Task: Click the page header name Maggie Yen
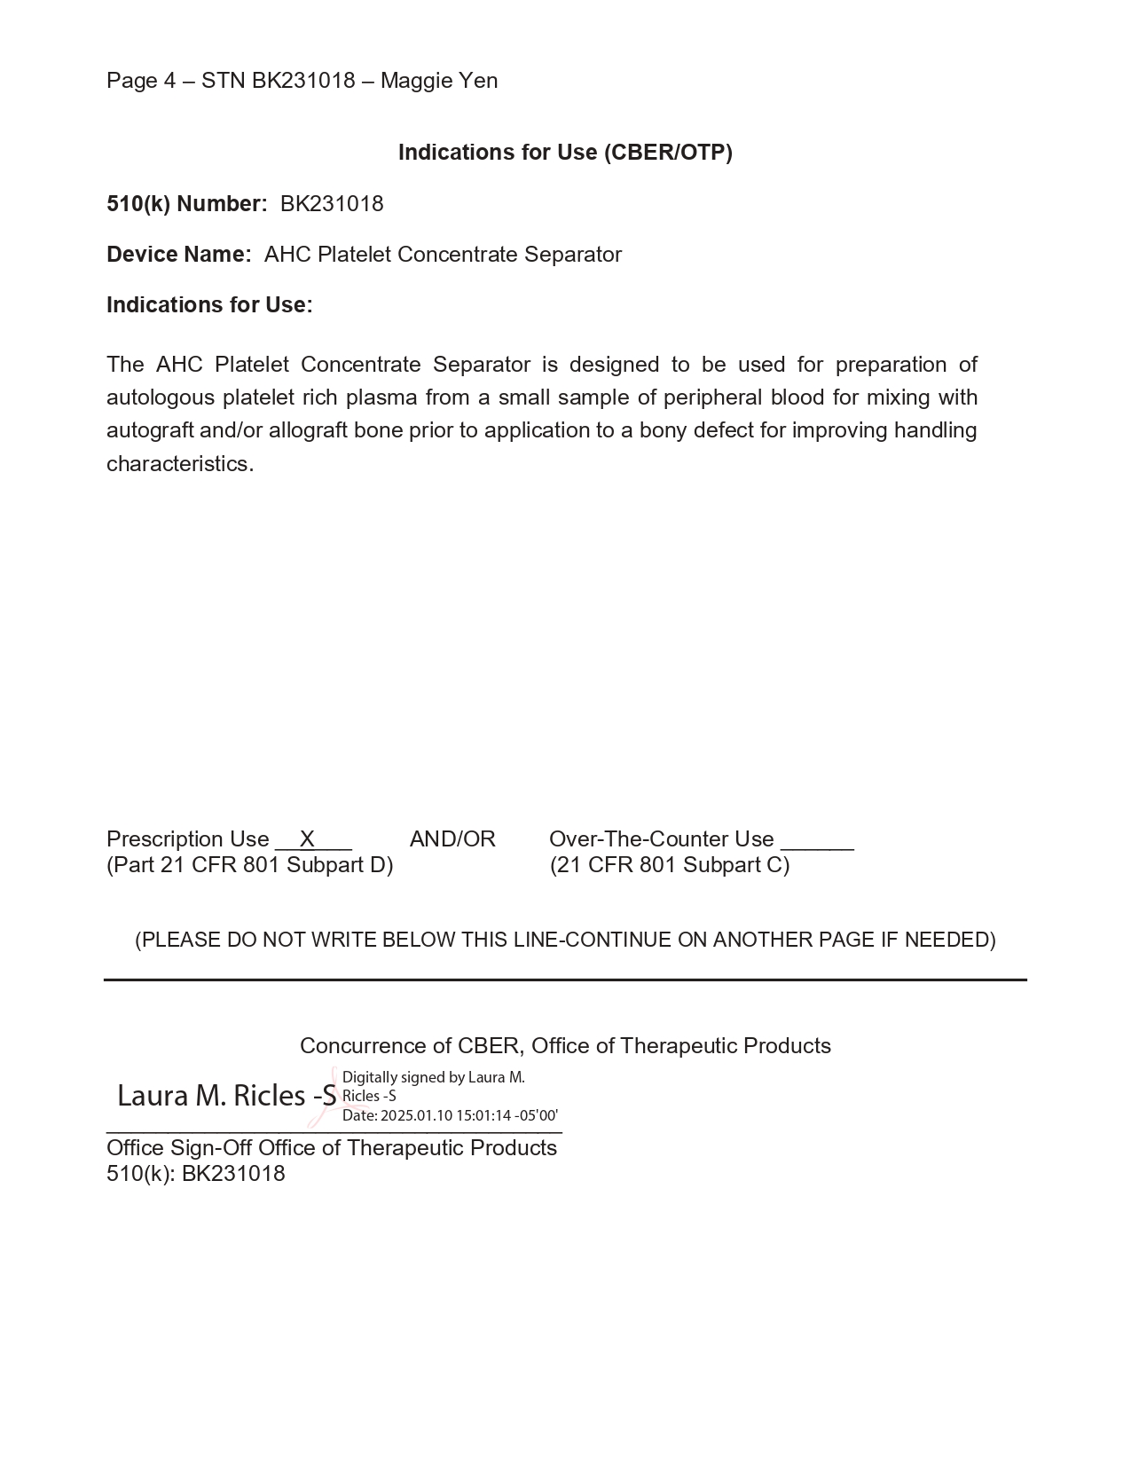(439, 81)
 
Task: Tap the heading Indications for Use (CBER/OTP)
(565, 153)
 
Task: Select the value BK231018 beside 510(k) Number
(332, 204)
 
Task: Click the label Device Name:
(178, 255)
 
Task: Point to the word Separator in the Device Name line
(573, 255)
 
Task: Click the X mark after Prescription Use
(307, 839)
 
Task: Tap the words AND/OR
(452, 839)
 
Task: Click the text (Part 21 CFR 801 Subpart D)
(250, 865)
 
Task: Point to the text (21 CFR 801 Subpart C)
(670, 865)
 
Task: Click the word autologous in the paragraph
(161, 397)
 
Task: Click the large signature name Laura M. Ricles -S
(227, 1097)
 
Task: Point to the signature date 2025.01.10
(415, 1116)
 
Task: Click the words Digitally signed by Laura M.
(433, 1078)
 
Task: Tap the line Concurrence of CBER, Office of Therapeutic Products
(565, 1046)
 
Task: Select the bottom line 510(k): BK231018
(196, 1174)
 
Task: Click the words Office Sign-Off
(179, 1148)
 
